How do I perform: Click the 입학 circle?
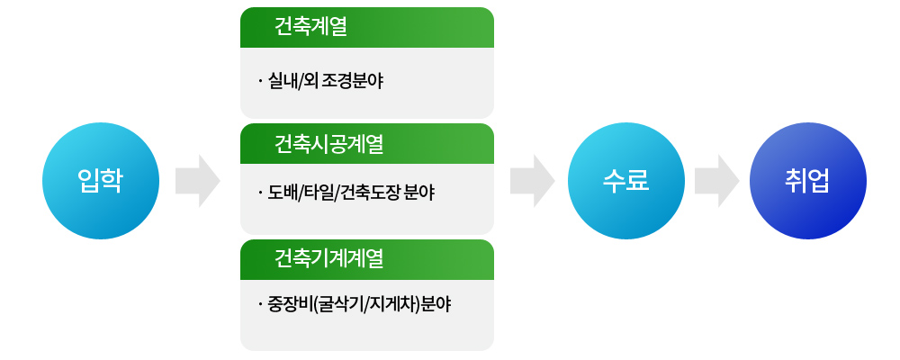click(101, 181)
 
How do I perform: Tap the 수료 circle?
click(625, 181)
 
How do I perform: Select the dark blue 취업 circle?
click(807, 181)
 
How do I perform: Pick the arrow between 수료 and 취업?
click(717, 181)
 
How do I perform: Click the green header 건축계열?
click(367, 27)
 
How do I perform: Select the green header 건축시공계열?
click(367, 143)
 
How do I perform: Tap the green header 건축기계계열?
click(367, 259)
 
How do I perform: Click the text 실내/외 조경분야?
click(325, 82)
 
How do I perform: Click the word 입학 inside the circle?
click(101, 181)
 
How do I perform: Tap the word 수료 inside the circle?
click(625, 181)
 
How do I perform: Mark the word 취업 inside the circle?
click(807, 181)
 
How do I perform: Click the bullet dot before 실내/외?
click(259, 83)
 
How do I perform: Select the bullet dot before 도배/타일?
click(259, 193)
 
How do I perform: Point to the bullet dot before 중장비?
click(259, 305)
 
